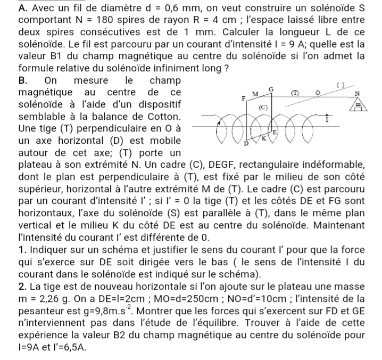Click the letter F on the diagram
point(244,99)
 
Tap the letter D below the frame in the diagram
point(246,143)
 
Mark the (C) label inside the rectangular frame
point(262,108)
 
